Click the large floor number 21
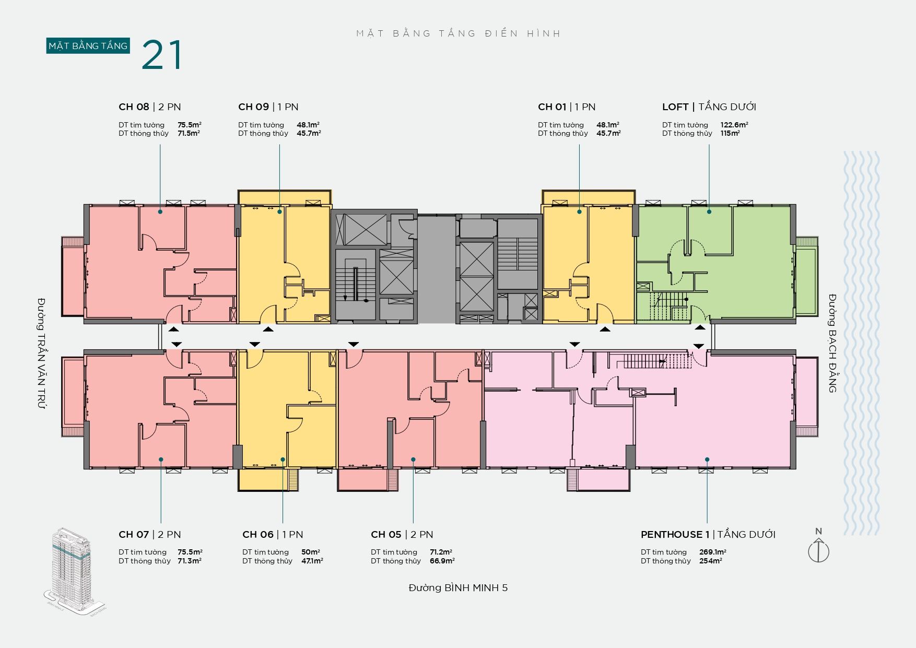click(x=162, y=55)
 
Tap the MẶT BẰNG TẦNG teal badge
click(x=88, y=46)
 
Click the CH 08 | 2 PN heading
click(x=150, y=107)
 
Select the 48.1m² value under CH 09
click(x=308, y=125)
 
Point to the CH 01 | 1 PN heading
click(x=567, y=107)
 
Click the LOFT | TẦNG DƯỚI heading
click(x=709, y=107)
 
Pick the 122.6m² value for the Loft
click(x=734, y=125)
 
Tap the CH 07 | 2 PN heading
click(x=150, y=535)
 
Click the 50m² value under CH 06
click(x=311, y=552)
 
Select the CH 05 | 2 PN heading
click(x=402, y=535)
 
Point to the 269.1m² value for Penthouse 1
click(x=713, y=552)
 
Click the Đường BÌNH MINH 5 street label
click(x=458, y=588)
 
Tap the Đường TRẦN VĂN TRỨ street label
click(x=41, y=354)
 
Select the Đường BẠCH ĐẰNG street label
click(x=832, y=343)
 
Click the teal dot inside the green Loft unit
click(x=709, y=211)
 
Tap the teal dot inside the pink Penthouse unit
click(x=707, y=460)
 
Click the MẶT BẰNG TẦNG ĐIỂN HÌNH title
click(x=459, y=34)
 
